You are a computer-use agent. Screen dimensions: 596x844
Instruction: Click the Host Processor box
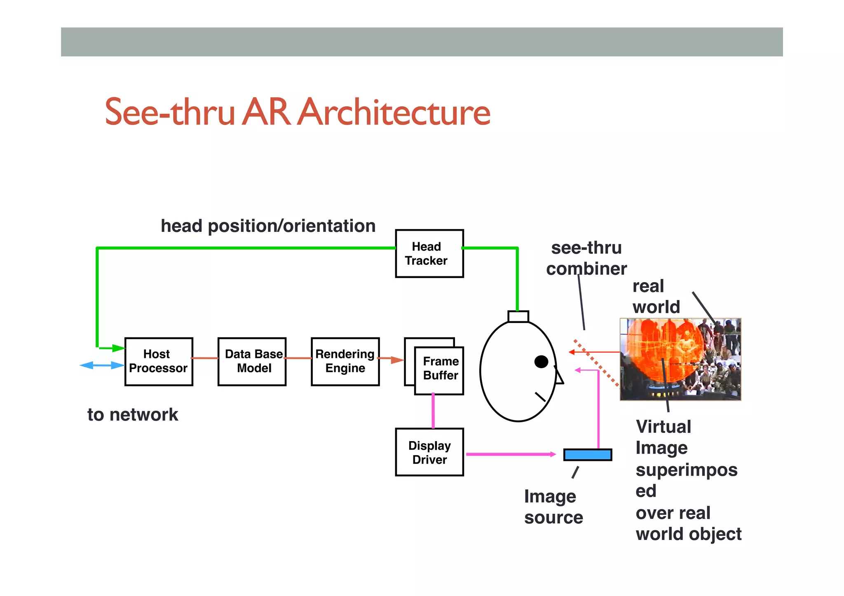point(159,361)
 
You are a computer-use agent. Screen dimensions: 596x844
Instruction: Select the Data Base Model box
point(252,361)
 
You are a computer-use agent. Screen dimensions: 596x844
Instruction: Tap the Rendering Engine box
point(345,361)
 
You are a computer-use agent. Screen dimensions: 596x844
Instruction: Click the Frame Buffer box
point(439,370)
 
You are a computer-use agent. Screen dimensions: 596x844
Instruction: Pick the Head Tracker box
point(429,253)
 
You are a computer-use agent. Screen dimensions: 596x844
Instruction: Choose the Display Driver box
point(429,452)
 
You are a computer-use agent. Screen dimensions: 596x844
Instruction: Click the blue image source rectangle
point(587,454)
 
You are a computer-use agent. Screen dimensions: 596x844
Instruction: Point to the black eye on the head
point(541,362)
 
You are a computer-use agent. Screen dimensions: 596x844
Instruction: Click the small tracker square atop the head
point(518,316)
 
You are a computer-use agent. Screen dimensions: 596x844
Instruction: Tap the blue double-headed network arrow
point(102,365)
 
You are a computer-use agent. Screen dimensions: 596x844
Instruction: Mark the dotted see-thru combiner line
point(596,362)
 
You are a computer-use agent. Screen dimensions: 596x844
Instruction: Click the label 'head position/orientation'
point(268,226)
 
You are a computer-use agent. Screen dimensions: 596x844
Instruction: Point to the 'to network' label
point(133,414)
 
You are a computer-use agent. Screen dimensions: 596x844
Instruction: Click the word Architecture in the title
point(394,112)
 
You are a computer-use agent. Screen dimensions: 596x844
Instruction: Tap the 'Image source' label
point(553,507)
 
